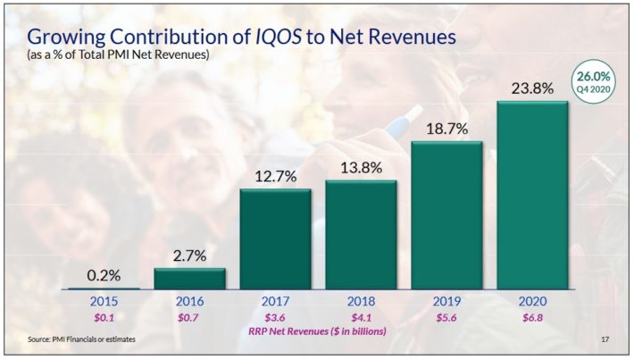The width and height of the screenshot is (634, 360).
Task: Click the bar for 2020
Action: click(x=532, y=195)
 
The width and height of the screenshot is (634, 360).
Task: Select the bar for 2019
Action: click(x=446, y=214)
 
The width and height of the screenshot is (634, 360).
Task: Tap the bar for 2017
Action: click(x=275, y=239)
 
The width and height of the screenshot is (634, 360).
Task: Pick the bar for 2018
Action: click(x=361, y=234)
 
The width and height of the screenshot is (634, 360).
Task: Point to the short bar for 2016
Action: click(x=189, y=278)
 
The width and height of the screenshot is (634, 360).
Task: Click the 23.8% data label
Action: click(x=532, y=88)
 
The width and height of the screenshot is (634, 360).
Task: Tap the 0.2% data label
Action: click(x=104, y=274)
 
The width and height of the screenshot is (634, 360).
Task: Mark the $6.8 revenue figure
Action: click(x=532, y=316)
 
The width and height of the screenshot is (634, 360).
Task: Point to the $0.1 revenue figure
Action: click(x=104, y=316)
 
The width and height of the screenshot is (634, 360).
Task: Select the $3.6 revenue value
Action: click(x=275, y=316)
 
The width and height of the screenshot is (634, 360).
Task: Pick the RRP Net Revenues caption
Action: click(x=318, y=331)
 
